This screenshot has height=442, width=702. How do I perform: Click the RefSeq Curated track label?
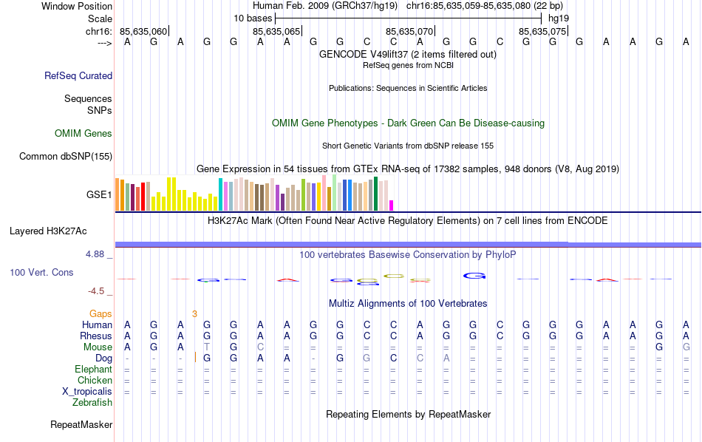click(78, 75)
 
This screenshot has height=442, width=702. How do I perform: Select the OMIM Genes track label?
click(84, 134)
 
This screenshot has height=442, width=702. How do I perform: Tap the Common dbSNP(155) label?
click(66, 156)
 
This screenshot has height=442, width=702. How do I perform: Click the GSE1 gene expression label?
click(99, 195)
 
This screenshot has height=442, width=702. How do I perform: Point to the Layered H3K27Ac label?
click(48, 231)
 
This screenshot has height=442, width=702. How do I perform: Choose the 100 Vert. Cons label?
click(41, 273)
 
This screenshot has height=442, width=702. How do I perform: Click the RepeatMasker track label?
click(81, 425)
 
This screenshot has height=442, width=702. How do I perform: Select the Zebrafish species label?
click(92, 403)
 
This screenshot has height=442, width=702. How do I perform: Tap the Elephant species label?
click(94, 370)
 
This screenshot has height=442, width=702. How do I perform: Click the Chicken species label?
click(95, 381)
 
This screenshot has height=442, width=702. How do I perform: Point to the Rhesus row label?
click(96, 336)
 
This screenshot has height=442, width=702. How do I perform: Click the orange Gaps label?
click(101, 314)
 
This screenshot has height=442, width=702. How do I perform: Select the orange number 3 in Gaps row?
click(194, 314)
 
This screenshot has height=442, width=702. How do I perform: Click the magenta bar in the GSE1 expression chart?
click(392, 205)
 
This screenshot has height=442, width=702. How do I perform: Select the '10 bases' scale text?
click(253, 18)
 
